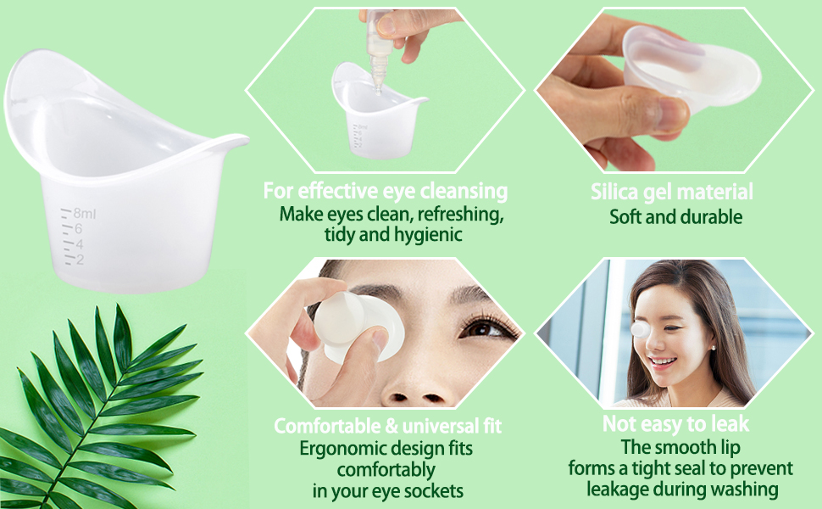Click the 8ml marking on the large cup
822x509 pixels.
coord(84,214)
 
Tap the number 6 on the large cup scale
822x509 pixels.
coord(77,229)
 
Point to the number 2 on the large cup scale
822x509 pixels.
coord(79,259)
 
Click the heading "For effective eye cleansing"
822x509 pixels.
coord(386,190)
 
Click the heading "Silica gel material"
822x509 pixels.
coord(672,192)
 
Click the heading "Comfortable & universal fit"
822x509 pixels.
coord(388,425)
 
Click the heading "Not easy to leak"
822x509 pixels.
coord(675,423)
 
